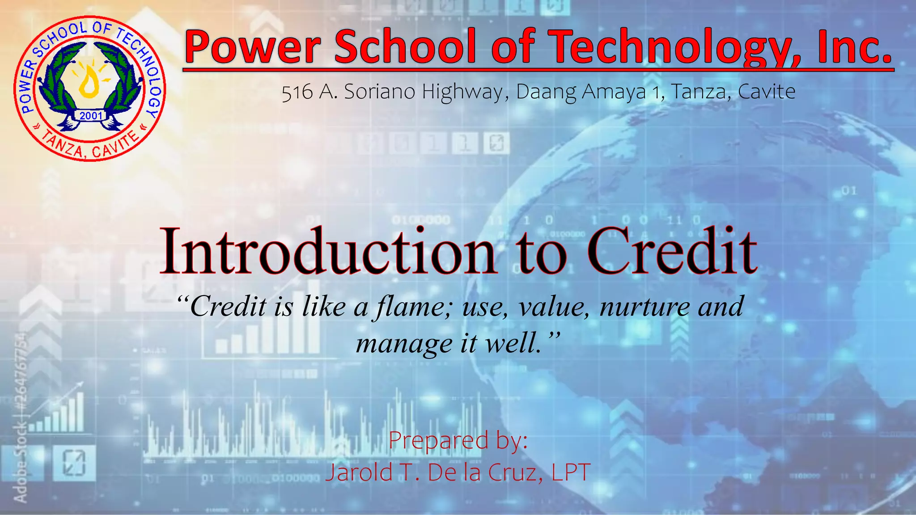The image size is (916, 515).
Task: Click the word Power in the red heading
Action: [253, 47]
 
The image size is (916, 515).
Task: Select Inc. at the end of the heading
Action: [854, 47]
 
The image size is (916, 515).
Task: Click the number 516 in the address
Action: [297, 93]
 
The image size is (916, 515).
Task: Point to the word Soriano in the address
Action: [380, 92]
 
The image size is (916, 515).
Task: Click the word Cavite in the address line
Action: [766, 92]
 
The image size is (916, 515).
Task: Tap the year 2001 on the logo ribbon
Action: [91, 116]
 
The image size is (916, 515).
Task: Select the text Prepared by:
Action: [458, 440]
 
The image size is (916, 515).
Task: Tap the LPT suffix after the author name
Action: [571, 473]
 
